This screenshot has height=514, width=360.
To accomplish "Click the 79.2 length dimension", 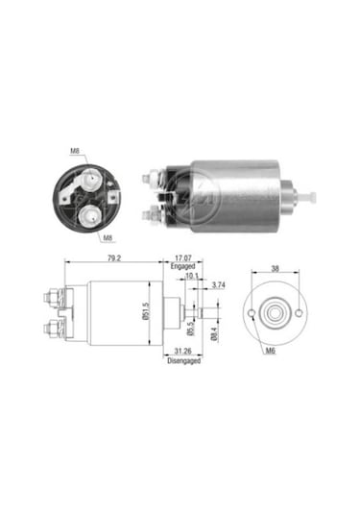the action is tap(114, 258).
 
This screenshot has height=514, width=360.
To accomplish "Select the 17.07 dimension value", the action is tap(183, 258).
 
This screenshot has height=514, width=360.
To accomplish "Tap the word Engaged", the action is tap(182, 266).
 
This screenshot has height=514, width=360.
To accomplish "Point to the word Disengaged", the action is tap(183, 360).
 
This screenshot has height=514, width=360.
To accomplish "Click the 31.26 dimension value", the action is tap(182, 352).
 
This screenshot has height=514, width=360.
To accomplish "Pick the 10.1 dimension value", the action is tap(192, 276).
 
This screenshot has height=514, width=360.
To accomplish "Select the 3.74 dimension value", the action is tap(219, 285).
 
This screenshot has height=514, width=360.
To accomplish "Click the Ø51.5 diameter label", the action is tap(146, 311).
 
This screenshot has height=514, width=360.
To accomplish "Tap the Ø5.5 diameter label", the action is tap(191, 329).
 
